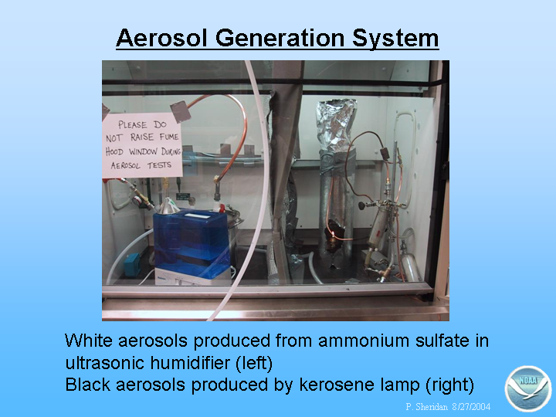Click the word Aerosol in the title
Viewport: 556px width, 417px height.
(x=161, y=38)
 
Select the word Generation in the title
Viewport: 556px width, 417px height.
(x=280, y=38)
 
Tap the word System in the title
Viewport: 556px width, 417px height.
(x=395, y=39)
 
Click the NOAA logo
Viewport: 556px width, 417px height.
(x=528, y=388)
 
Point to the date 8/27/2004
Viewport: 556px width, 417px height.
(x=471, y=406)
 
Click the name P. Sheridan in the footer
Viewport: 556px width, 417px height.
(x=427, y=406)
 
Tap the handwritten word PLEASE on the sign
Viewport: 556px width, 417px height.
(x=132, y=125)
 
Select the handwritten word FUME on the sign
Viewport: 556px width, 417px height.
(x=169, y=137)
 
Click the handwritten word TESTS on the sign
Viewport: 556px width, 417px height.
(x=159, y=165)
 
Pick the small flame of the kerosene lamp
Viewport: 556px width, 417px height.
(x=333, y=233)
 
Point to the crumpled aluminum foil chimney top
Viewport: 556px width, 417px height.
(x=335, y=122)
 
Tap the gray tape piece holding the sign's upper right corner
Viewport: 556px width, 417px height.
(x=181, y=111)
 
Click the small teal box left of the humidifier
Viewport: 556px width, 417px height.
(x=132, y=265)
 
